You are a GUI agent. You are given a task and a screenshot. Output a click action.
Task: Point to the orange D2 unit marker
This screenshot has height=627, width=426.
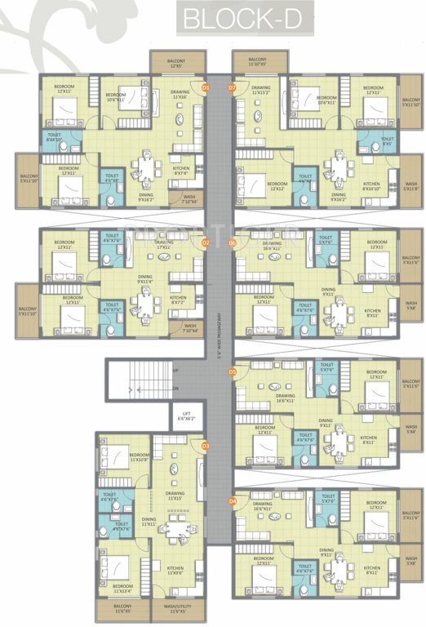[206, 242]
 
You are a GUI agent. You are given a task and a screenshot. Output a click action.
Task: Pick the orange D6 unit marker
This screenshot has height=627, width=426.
[232, 242]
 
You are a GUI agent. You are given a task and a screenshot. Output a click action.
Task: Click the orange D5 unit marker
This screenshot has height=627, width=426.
[232, 371]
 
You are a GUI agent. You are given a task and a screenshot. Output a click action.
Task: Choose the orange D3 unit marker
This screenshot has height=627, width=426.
[206, 446]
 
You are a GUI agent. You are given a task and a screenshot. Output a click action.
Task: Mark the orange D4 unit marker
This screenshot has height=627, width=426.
[232, 500]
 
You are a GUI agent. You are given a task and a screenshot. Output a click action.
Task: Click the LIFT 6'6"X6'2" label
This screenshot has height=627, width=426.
[187, 416]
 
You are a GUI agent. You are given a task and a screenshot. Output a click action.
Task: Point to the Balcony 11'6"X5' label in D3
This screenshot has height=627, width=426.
[123, 608]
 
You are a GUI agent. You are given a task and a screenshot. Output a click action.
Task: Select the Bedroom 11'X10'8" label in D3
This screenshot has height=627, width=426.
[139, 457]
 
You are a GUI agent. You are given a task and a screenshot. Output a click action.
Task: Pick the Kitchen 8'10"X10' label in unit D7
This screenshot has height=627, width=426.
[371, 187]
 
